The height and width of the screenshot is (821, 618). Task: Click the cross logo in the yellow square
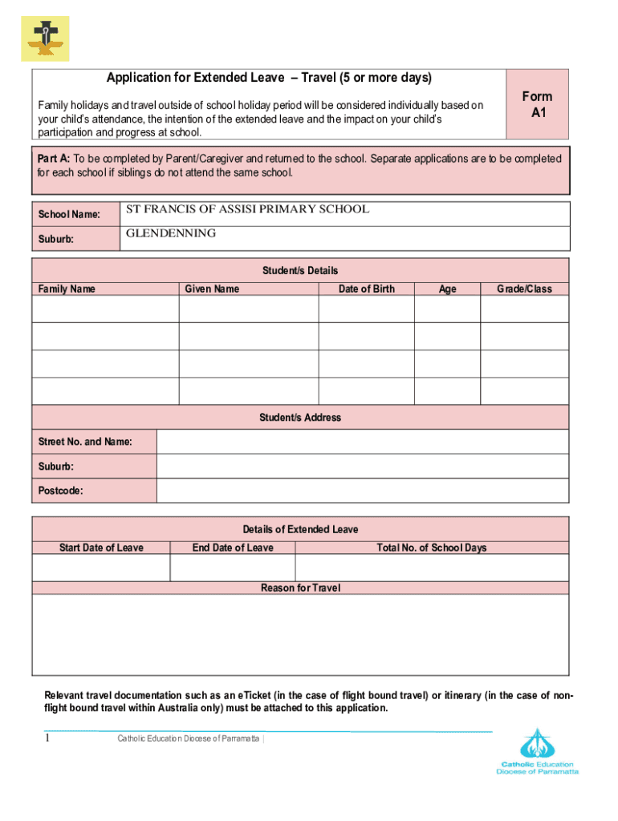coord(45,38)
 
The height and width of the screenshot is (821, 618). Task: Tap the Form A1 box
coord(537,104)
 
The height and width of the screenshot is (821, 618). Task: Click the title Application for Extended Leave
coord(269,78)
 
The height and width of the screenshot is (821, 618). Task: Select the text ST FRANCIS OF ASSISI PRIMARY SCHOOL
coord(247,209)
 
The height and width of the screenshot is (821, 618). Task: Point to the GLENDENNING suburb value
coord(171,233)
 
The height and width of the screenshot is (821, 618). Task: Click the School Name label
coord(69,215)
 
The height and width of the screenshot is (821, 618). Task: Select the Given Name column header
coord(212,289)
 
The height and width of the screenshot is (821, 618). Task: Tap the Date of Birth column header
coord(366,289)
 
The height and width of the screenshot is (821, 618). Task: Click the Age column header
coord(447,289)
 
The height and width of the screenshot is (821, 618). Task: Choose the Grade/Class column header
coord(524,289)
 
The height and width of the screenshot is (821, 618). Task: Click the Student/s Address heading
coord(300,418)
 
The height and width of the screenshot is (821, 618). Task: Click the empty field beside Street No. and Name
coord(363,442)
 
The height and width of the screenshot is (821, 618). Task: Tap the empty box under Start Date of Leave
coord(101,568)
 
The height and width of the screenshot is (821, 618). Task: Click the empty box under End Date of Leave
coord(233,568)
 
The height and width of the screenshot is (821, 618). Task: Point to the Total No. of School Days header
coord(432,548)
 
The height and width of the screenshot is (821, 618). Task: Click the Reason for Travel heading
coord(300,588)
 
